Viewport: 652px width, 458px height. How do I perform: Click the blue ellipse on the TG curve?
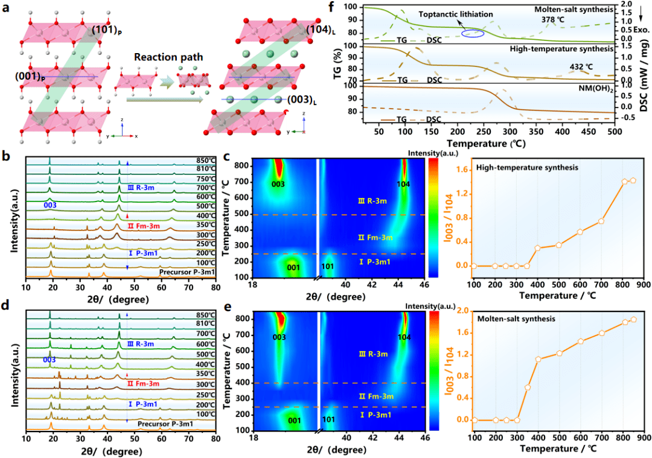(472, 33)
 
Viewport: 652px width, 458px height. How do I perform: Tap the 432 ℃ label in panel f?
(580, 66)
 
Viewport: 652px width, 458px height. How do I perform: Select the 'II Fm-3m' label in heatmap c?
(376, 237)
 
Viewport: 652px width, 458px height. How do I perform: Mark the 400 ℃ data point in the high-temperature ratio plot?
(537, 248)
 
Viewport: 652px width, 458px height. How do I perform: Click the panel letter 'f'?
(348, 9)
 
